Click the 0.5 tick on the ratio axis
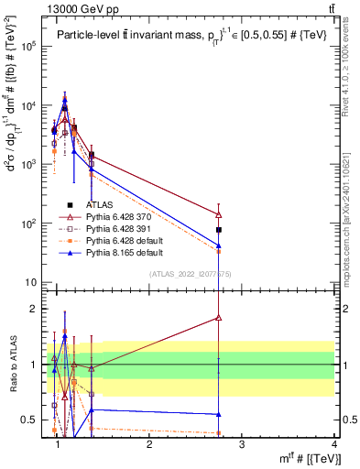click(30, 420)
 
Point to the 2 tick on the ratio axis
click(34, 309)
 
